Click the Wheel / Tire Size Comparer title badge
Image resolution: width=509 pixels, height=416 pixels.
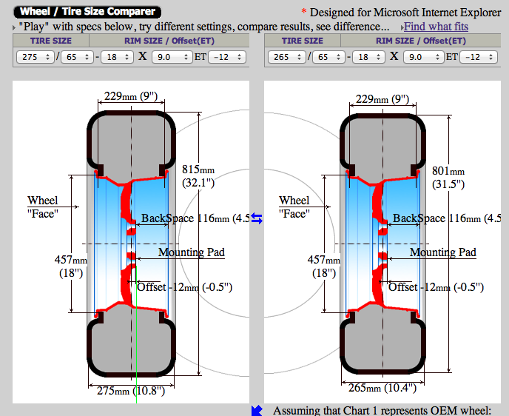87,12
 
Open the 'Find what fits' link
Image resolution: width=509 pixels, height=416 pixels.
436,27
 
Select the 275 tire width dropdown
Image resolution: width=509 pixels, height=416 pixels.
35,57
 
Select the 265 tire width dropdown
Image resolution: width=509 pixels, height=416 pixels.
286,57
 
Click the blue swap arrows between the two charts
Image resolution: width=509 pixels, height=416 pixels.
257,218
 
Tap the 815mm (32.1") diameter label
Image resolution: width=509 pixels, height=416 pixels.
198,176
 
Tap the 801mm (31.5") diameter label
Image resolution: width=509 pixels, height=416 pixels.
448,178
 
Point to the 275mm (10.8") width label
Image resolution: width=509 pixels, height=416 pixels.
131,390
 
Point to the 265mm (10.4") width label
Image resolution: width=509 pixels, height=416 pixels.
382,388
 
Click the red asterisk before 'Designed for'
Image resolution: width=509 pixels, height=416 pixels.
304,12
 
